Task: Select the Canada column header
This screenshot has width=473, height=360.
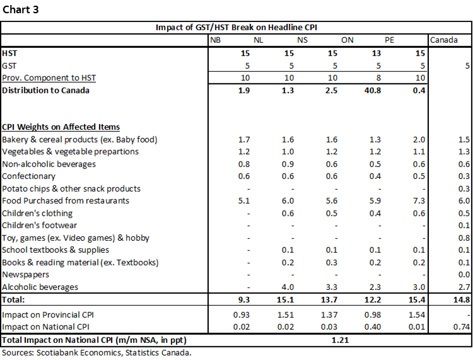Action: (x=444, y=40)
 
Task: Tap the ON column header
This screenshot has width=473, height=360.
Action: (x=347, y=40)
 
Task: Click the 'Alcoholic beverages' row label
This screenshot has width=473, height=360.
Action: (x=40, y=287)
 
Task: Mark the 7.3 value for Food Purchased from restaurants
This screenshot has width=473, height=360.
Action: (x=418, y=201)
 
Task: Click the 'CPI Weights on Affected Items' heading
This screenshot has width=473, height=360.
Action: (x=61, y=127)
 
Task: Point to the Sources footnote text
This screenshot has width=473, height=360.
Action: (x=96, y=352)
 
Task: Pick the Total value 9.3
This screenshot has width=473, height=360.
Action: (x=246, y=299)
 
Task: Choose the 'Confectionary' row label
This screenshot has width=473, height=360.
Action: (x=28, y=176)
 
